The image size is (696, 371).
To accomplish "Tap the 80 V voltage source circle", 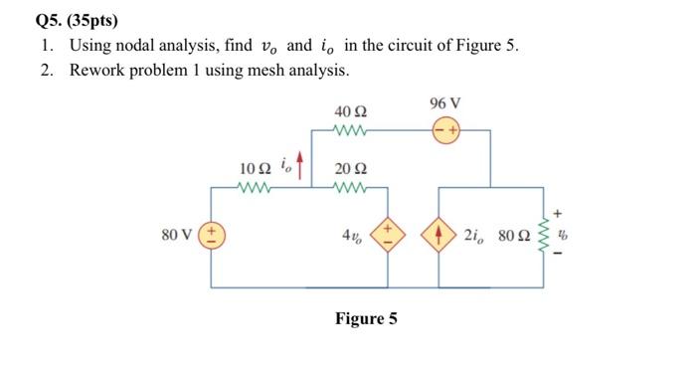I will (x=212, y=237).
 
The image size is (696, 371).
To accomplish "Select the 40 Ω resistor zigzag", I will (x=353, y=129).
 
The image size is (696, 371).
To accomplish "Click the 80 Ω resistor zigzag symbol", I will (x=543, y=237).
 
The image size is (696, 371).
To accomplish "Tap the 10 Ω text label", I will (x=256, y=167).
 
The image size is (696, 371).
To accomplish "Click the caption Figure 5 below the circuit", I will (x=366, y=318).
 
